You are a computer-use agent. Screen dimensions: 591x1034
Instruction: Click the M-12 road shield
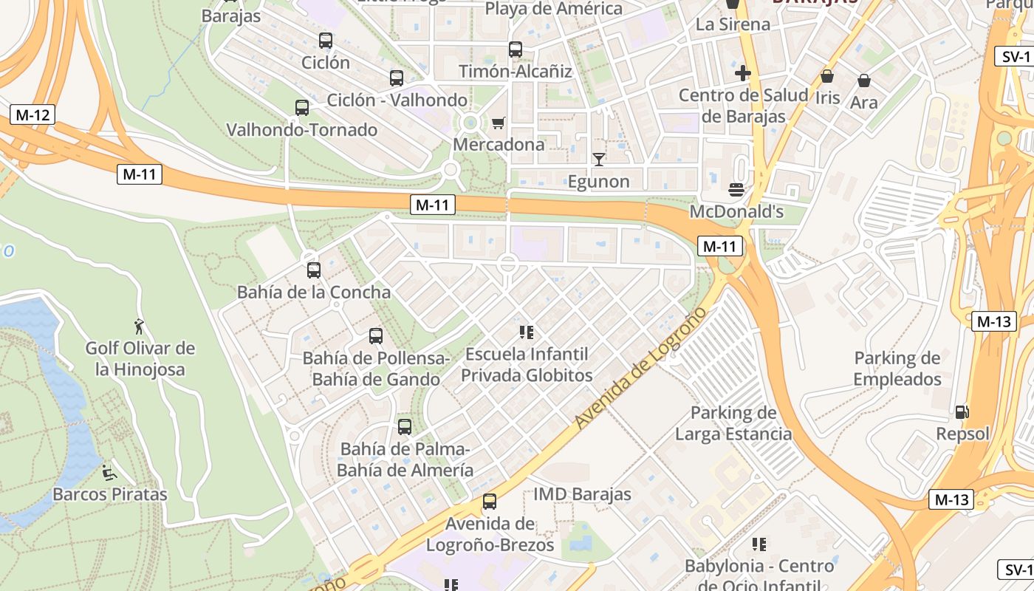[x=33, y=115]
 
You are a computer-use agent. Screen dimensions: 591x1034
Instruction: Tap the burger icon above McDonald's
[x=736, y=190]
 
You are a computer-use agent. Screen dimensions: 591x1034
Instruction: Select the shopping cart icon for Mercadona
[x=499, y=123]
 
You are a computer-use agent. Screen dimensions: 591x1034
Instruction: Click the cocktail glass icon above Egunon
[x=598, y=159]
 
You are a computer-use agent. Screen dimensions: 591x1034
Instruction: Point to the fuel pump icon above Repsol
[x=962, y=412]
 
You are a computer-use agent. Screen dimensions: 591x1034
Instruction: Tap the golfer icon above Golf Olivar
[x=139, y=326]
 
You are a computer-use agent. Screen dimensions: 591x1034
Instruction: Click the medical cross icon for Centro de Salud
[x=743, y=73]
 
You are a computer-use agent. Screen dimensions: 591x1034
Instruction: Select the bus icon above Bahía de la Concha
[x=314, y=270]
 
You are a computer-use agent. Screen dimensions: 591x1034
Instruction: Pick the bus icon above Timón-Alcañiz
[x=516, y=49]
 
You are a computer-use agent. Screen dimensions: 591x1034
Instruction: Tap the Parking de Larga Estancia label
[x=733, y=423]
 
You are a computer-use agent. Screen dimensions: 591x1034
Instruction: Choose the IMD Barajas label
[x=582, y=494]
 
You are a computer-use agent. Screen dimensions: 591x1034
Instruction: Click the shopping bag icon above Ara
[x=863, y=81]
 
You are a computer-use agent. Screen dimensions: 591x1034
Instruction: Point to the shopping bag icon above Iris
[x=827, y=76]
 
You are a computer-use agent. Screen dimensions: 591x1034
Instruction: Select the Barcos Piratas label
[x=110, y=494]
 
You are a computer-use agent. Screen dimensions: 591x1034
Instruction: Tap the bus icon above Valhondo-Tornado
[x=302, y=108]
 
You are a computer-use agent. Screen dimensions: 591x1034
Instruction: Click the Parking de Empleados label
[x=897, y=369]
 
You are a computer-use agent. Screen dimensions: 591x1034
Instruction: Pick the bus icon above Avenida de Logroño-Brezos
[x=490, y=502]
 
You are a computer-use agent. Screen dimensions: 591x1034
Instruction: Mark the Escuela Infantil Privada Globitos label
[x=526, y=364]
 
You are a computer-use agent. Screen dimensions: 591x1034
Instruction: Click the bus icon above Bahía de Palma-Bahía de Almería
[x=405, y=426]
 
